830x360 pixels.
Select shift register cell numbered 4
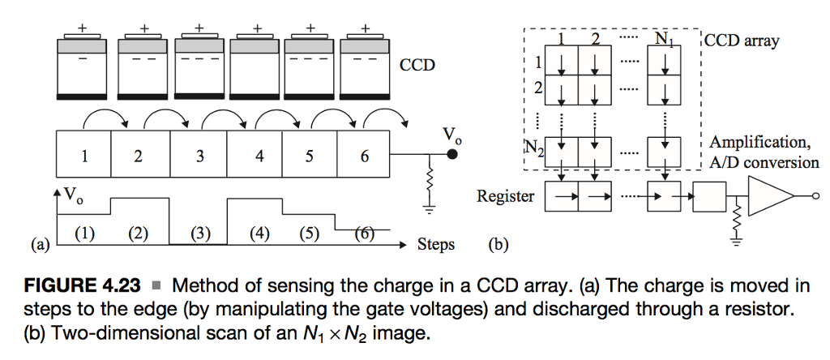[259, 156]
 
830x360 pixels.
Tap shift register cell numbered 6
[365, 156]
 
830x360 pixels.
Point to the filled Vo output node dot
[451, 156]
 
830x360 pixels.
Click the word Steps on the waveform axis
[436, 243]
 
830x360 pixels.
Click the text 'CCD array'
[741, 41]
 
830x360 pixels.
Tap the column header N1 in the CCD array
[662, 38]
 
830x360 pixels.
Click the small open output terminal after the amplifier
[816, 195]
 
